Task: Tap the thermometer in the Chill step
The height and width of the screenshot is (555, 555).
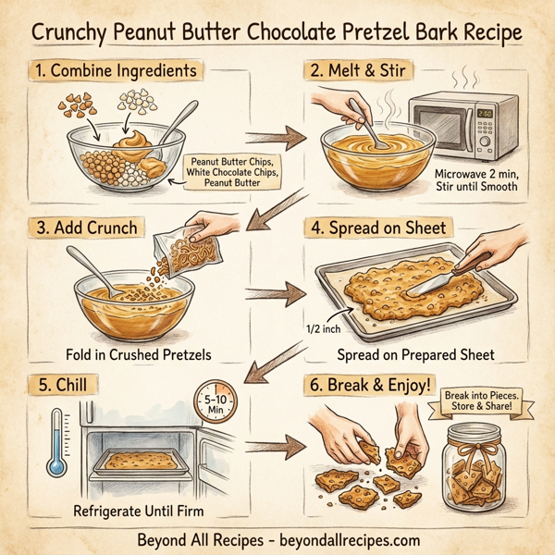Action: (57, 443)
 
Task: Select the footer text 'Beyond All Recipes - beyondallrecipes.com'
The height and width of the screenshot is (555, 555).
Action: (277, 539)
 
